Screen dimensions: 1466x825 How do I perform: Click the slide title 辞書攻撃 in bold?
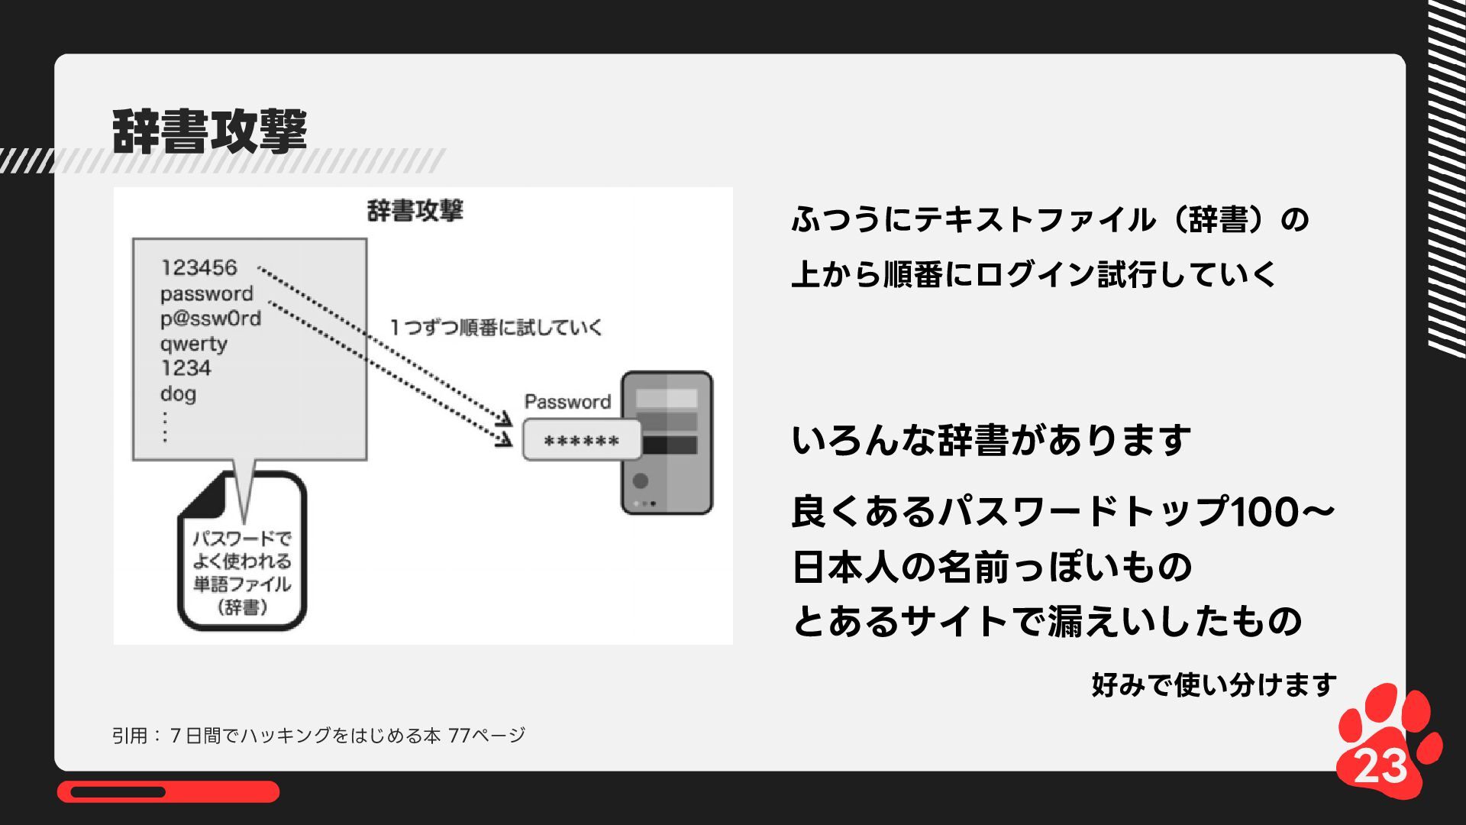(x=209, y=131)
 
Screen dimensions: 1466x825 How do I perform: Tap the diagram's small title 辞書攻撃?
(x=415, y=211)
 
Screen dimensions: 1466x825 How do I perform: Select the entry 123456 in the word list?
(x=199, y=267)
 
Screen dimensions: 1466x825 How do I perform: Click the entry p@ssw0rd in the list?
(x=211, y=319)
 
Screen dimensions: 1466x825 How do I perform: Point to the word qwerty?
(x=194, y=344)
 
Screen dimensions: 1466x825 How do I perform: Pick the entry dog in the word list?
(x=178, y=394)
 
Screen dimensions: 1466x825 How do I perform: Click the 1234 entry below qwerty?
(x=186, y=368)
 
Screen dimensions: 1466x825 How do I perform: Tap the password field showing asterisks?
(x=582, y=441)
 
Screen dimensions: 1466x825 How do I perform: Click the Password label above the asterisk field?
(x=567, y=402)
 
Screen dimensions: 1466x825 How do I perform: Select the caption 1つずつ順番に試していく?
(x=496, y=328)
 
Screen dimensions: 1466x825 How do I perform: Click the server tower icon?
(x=667, y=442)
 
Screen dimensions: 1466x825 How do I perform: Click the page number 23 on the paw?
(x=1380, y=765)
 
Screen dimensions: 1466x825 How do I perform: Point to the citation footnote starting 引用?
(x=318, y=736)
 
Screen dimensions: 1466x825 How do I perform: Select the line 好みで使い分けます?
(x=1214, y=684)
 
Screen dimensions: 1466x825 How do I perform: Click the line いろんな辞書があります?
(x=990, y=441)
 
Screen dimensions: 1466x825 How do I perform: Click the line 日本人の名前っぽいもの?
(x=991, y=567)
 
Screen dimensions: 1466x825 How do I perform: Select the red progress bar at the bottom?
(x=168, y=792)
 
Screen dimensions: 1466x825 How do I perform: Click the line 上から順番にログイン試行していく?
(x=1034, y=274)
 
